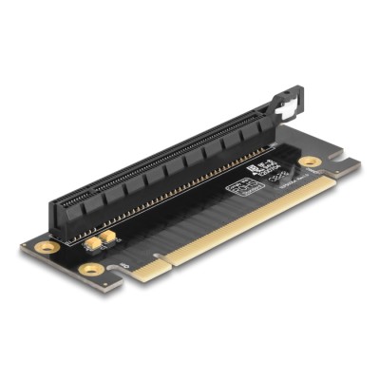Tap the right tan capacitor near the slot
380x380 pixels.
click(111, 237)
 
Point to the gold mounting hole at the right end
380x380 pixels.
click(310, 161)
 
